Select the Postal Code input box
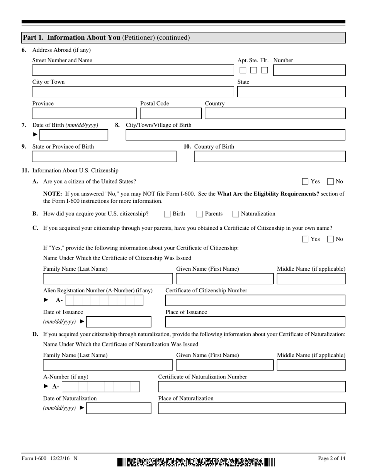pos(170,114)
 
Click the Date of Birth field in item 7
pos(74,135)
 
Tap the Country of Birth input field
pos(269,156)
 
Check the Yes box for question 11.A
pos(305,182)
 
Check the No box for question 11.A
pos(331,182)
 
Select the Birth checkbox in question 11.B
pos(167,214)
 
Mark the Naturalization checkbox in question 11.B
pos(236,214)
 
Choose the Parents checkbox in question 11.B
pos(200,214)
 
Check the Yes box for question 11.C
pos(305,239)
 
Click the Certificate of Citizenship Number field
pos(255,300)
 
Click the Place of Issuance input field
pos(255,322)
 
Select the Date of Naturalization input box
pos(119,409)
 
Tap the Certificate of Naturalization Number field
pos(251,387)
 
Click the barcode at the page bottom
pos(196,462)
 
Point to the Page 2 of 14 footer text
pos(331,458)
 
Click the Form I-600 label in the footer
pos(34,458)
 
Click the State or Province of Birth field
pos(104,156)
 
